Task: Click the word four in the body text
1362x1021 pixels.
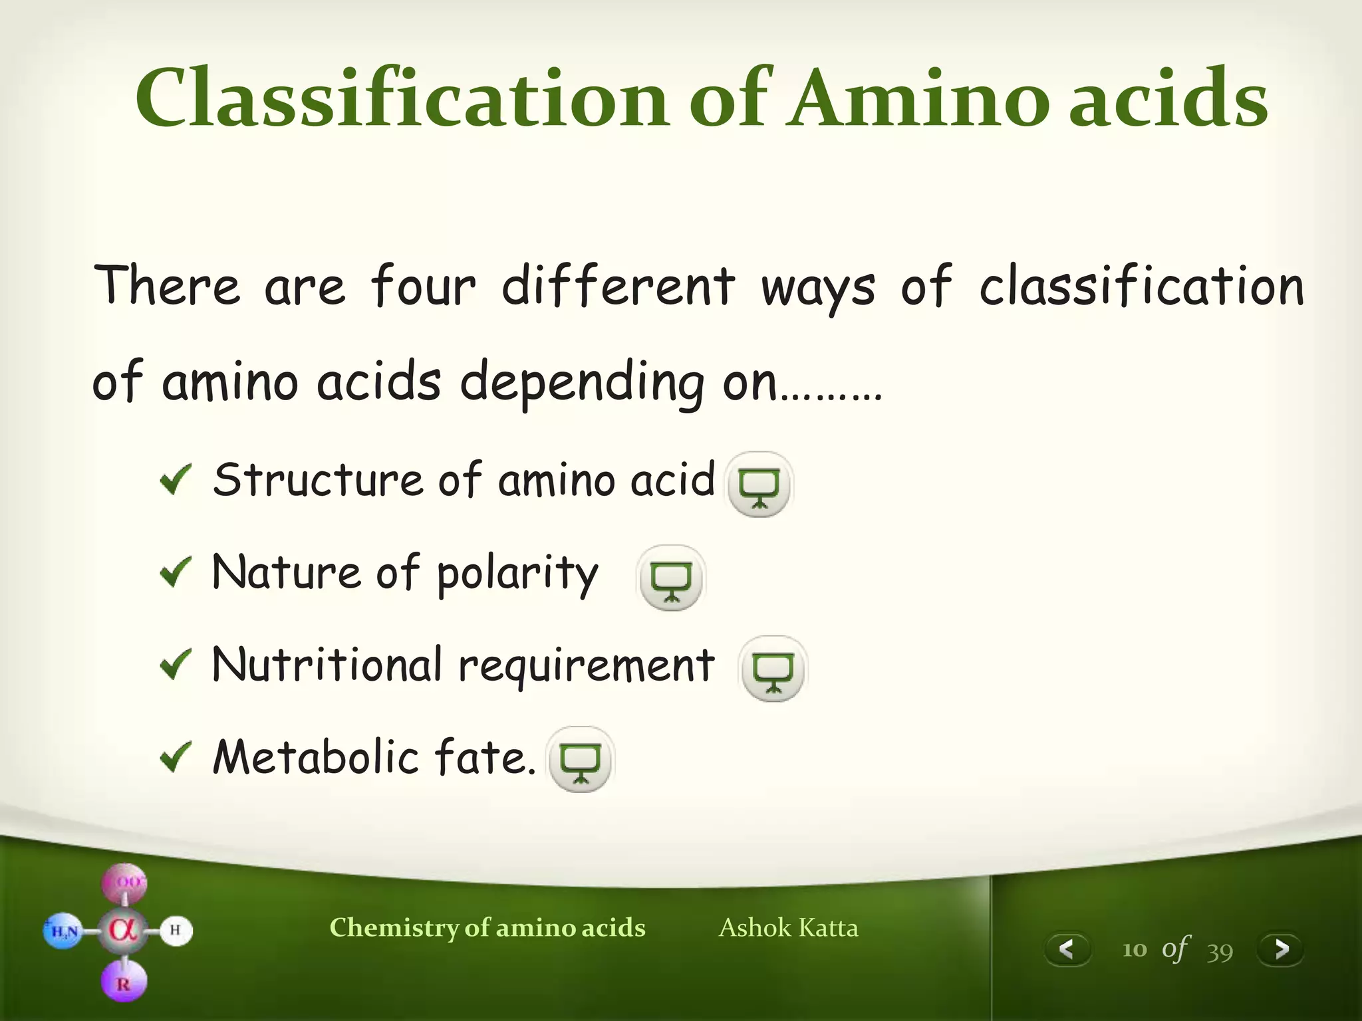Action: click(423, 286)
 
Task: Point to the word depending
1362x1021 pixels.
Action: click(582, 382)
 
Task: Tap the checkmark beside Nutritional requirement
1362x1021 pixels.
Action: click(176, 664)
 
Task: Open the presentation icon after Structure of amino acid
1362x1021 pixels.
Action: click(759, 485)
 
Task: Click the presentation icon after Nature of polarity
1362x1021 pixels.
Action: click(671, 578)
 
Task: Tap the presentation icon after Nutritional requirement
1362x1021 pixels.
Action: click(773, 669)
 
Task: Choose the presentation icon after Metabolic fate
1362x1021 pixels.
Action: click(581, 759)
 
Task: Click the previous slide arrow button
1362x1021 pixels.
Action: click(1067, 949)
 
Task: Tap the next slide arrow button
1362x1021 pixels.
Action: click(1281, 949)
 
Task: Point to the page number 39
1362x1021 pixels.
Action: click(1220, 951)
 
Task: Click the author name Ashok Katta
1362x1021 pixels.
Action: click(788, 927)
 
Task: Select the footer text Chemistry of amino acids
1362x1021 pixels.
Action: click(487, 927)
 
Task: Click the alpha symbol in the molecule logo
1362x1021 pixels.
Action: click(124, 929)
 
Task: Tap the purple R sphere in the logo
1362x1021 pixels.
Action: click(124, 982)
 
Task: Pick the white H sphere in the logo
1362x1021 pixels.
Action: click(176, 930)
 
